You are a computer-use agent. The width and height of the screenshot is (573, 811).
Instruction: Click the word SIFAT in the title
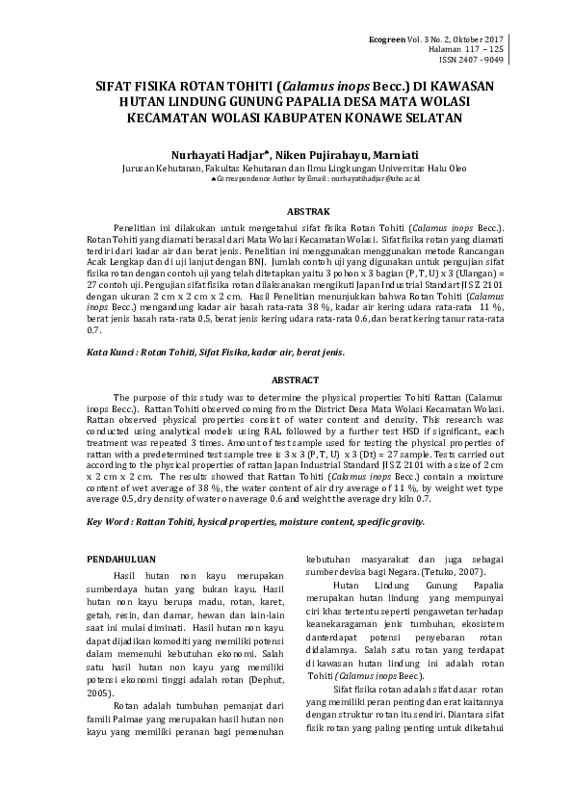[118, 85]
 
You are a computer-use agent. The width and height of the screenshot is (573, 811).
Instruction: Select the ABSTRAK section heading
[285, 211]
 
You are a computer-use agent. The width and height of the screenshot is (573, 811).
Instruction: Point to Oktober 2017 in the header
[484, 37]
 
